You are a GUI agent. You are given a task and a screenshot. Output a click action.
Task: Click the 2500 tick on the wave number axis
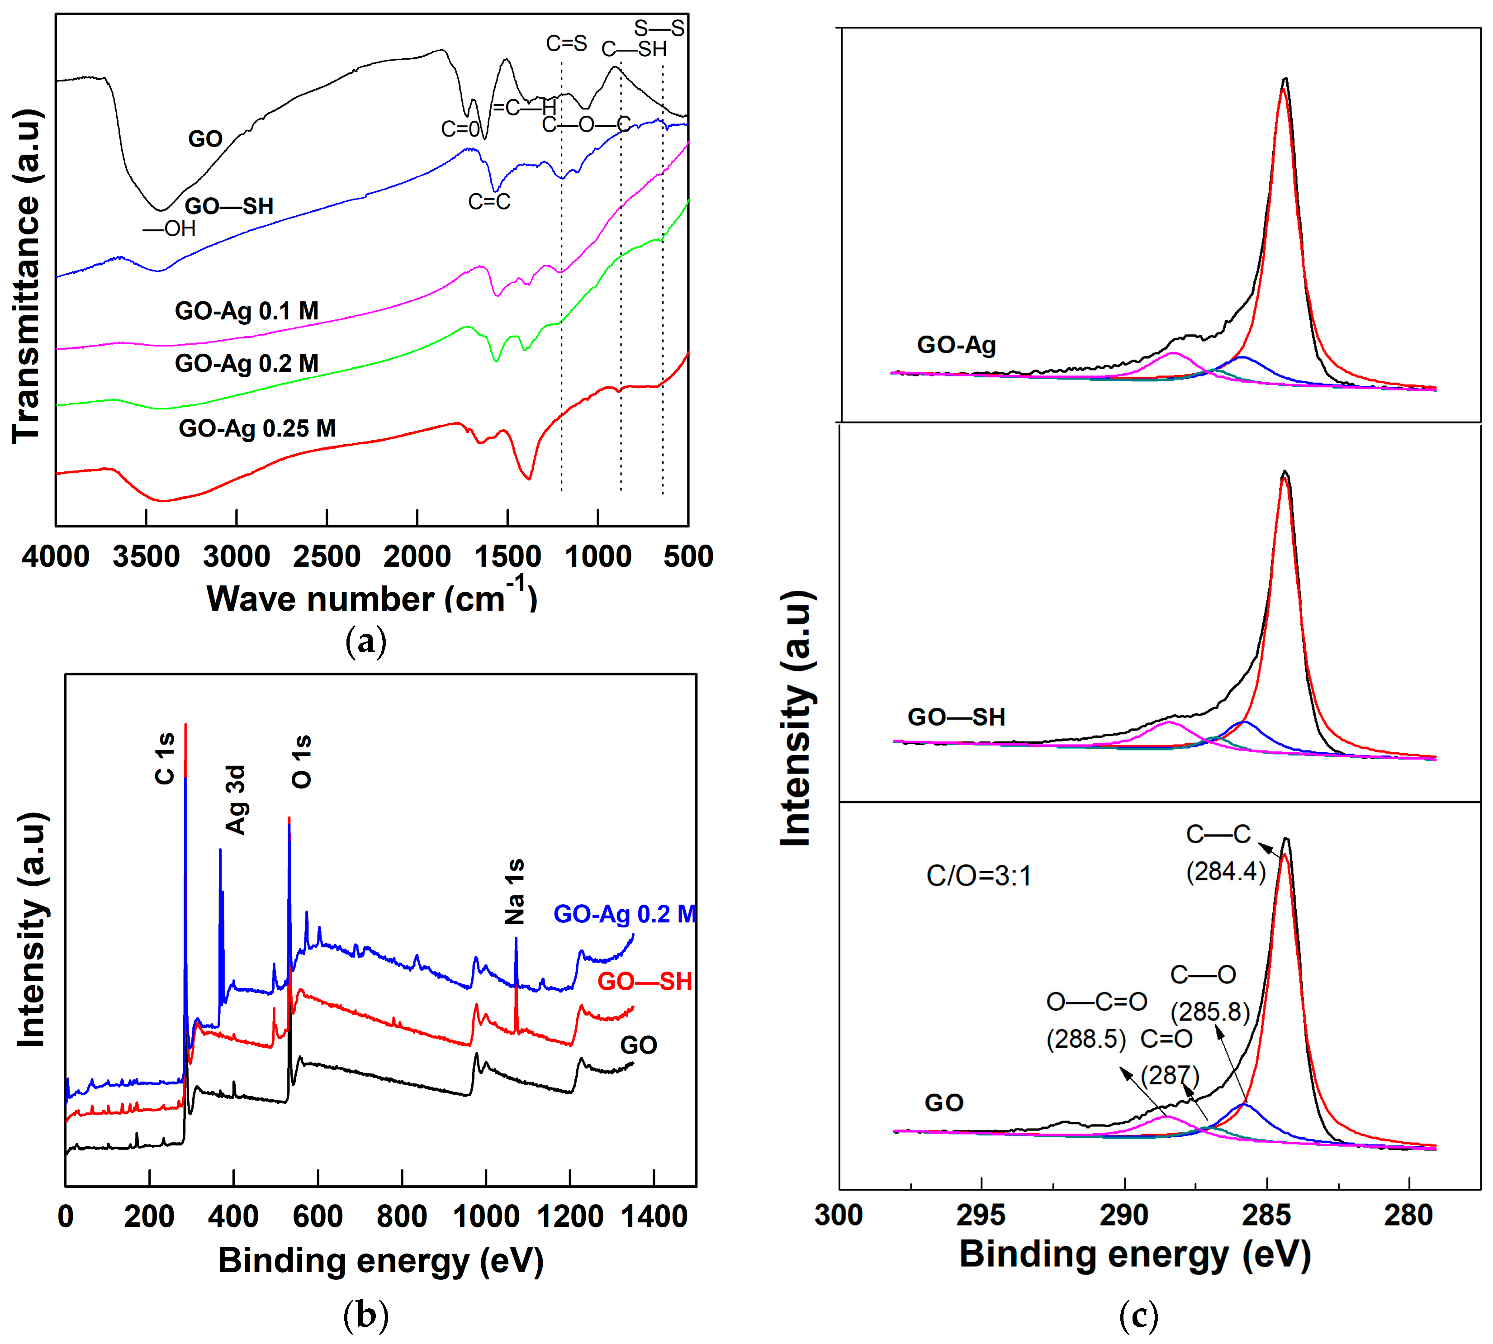327,556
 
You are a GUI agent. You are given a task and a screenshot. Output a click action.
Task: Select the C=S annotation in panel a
566,43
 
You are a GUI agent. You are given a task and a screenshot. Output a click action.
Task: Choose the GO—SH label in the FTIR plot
229,206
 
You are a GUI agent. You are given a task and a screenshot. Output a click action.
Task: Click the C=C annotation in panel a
489,202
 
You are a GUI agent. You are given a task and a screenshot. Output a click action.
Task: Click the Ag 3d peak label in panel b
236,800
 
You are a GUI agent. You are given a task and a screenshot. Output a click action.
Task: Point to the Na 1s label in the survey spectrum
515,891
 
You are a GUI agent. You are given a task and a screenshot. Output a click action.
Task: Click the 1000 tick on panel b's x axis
485,1216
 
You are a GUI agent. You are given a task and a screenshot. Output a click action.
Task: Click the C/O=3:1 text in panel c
978,876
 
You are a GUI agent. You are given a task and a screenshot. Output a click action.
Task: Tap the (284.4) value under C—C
1226,871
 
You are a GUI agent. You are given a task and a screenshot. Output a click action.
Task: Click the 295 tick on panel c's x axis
981,1214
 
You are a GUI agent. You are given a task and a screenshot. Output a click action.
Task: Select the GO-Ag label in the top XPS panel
956,345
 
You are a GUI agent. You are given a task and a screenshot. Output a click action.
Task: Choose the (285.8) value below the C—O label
1209,1011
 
